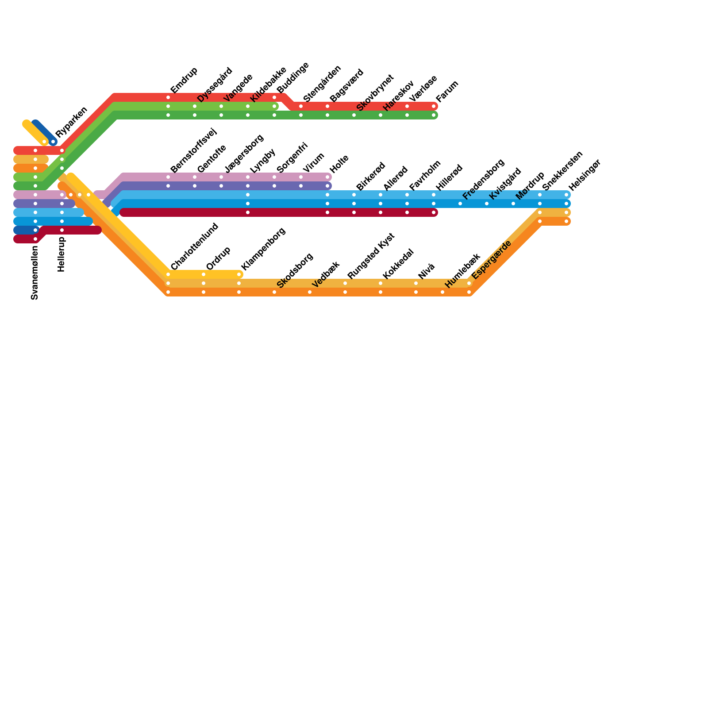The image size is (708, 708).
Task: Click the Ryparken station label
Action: (x=71, y=122)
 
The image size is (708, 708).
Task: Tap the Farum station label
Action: (x=447, y=91)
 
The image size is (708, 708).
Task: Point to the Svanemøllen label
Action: (x=35, y=273)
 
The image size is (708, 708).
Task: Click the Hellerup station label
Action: (x=62, y=254)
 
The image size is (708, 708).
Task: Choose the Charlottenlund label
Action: (x=194, y=246)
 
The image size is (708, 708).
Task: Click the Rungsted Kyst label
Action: (x=370, y=256)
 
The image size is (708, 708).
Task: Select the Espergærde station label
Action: (x=491, y=259)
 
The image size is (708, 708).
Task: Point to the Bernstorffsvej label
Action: (x=193, y=150)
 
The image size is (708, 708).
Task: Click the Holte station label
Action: (x=339, y=164)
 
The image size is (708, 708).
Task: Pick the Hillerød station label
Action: (x=449, y=178)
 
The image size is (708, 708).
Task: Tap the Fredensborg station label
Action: (x=483, y=179)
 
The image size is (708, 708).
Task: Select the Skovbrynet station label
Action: (x=374, y=93)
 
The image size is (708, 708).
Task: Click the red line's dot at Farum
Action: (x=434, y=106)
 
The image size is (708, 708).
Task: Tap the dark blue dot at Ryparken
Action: (x=53, y=142)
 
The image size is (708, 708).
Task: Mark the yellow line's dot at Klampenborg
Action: (x=239, y=274)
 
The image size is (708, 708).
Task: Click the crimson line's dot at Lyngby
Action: (x=248, y=212)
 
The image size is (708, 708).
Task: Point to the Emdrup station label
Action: (x=184, y=80)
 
